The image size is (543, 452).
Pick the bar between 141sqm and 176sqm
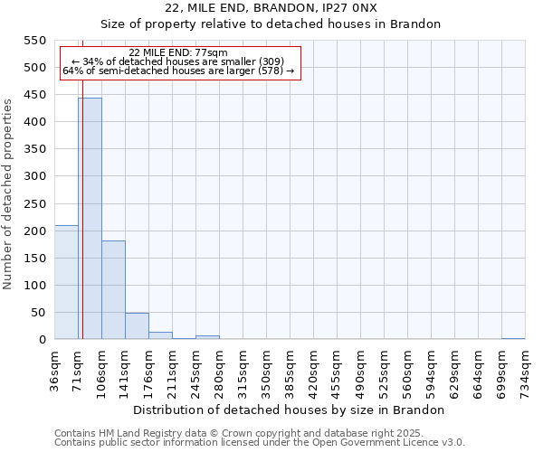pos(137,326)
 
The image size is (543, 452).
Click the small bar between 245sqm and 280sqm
pos(207,337)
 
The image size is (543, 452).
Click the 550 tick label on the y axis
pos(33,41)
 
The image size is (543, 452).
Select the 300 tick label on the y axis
pos(33,176)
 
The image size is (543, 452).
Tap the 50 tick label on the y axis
pos(37,313)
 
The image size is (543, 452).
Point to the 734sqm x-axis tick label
pos(525,368)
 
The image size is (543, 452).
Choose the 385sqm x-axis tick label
pos(290,368)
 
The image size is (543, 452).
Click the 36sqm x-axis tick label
pos(54,368)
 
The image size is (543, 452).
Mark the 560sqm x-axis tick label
pos(407,368)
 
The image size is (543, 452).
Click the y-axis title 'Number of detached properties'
pos(8,194)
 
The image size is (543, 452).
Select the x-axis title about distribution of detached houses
pos(295,410)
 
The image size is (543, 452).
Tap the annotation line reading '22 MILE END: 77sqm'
pos(178,52)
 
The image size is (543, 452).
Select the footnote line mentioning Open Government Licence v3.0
pos(260,442)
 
